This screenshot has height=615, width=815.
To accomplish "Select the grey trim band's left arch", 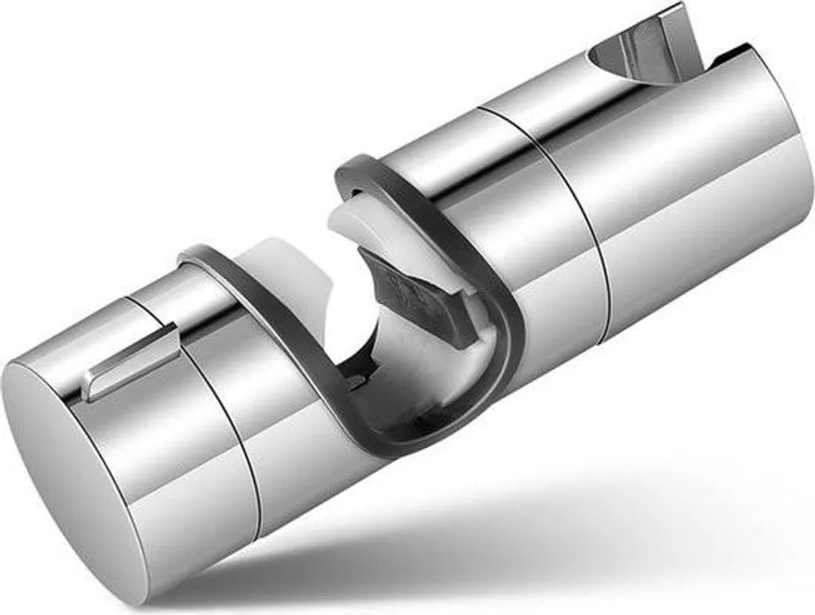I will pyautogui.click(x=231, y=263).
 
